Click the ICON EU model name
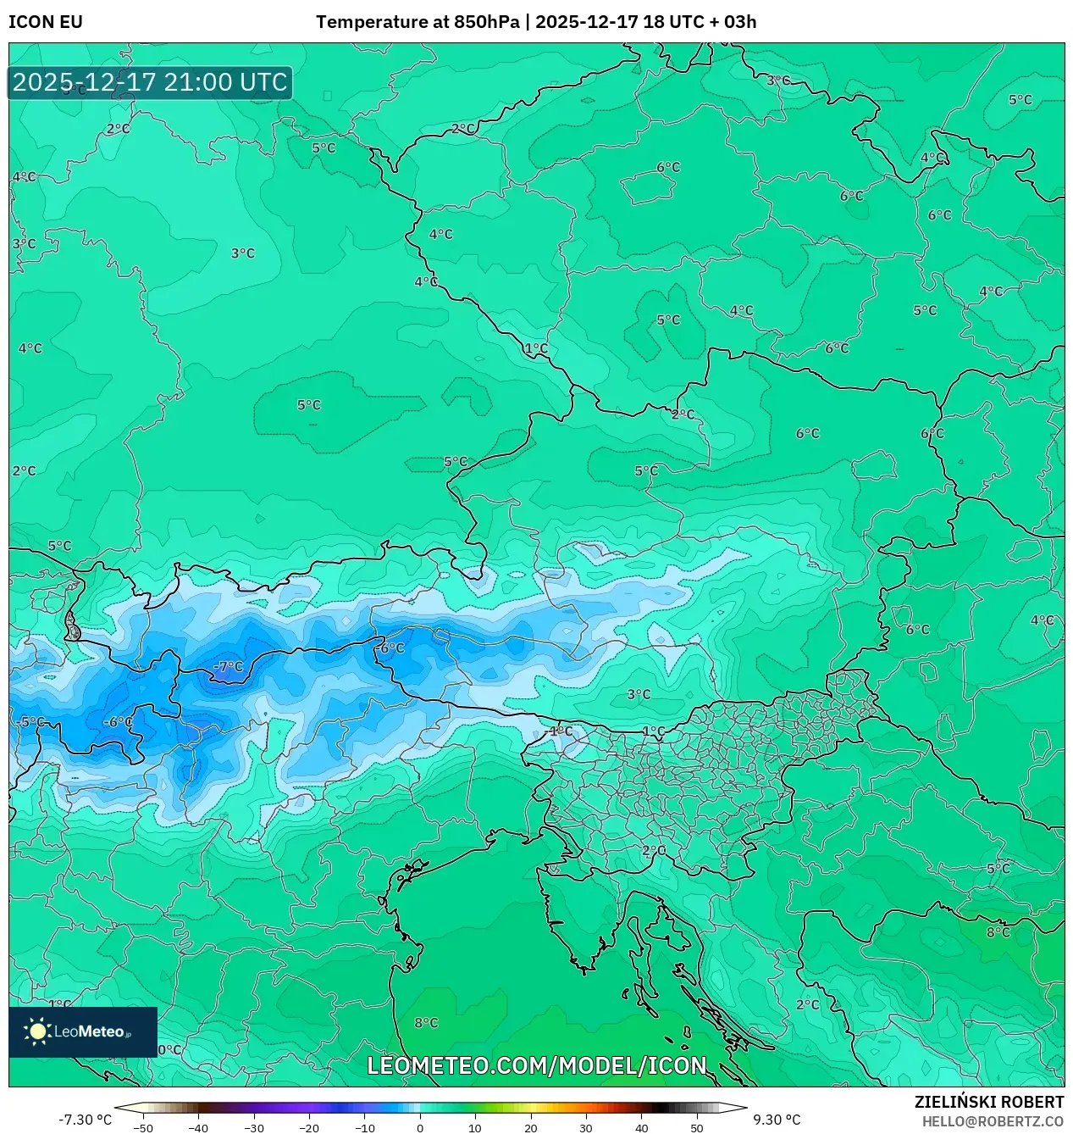(46, 22)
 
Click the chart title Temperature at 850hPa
(418, 22)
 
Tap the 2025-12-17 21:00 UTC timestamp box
(150, 83)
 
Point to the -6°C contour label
(118, 722)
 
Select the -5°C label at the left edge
(30, 722)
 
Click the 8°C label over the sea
(426, 1023)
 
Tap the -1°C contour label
(560, 731)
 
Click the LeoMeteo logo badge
(83, 1031)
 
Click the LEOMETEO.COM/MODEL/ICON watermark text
(536, 1065)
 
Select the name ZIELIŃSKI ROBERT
(988, 1102)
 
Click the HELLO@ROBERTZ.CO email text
(993, 1121)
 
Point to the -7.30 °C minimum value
(85, 1120)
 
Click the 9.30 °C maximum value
(777, 1120)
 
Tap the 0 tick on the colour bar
(420, 1127)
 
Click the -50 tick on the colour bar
(143, 1127)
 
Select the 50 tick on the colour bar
(697, 1127)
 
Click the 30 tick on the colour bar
(586, 1127)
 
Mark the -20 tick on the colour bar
(309, 1127)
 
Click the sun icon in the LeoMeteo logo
(38, 1031)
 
